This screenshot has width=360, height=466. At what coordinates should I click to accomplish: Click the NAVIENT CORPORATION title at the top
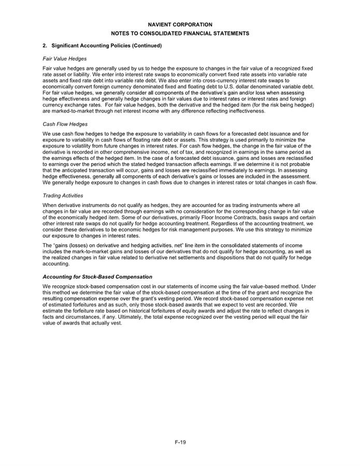(180, 24)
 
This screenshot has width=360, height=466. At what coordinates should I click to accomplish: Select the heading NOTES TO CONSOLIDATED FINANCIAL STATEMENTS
(180, 33)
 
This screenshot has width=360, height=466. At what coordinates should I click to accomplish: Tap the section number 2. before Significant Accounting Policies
(45, 46)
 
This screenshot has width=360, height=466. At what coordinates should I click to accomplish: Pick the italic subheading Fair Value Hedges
(64, 59)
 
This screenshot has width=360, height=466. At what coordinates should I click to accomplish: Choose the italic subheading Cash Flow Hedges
(65, 124)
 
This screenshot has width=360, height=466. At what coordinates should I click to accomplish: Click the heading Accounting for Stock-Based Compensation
(97, 276)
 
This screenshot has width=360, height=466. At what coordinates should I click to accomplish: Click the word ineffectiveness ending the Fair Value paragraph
(246, 111)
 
